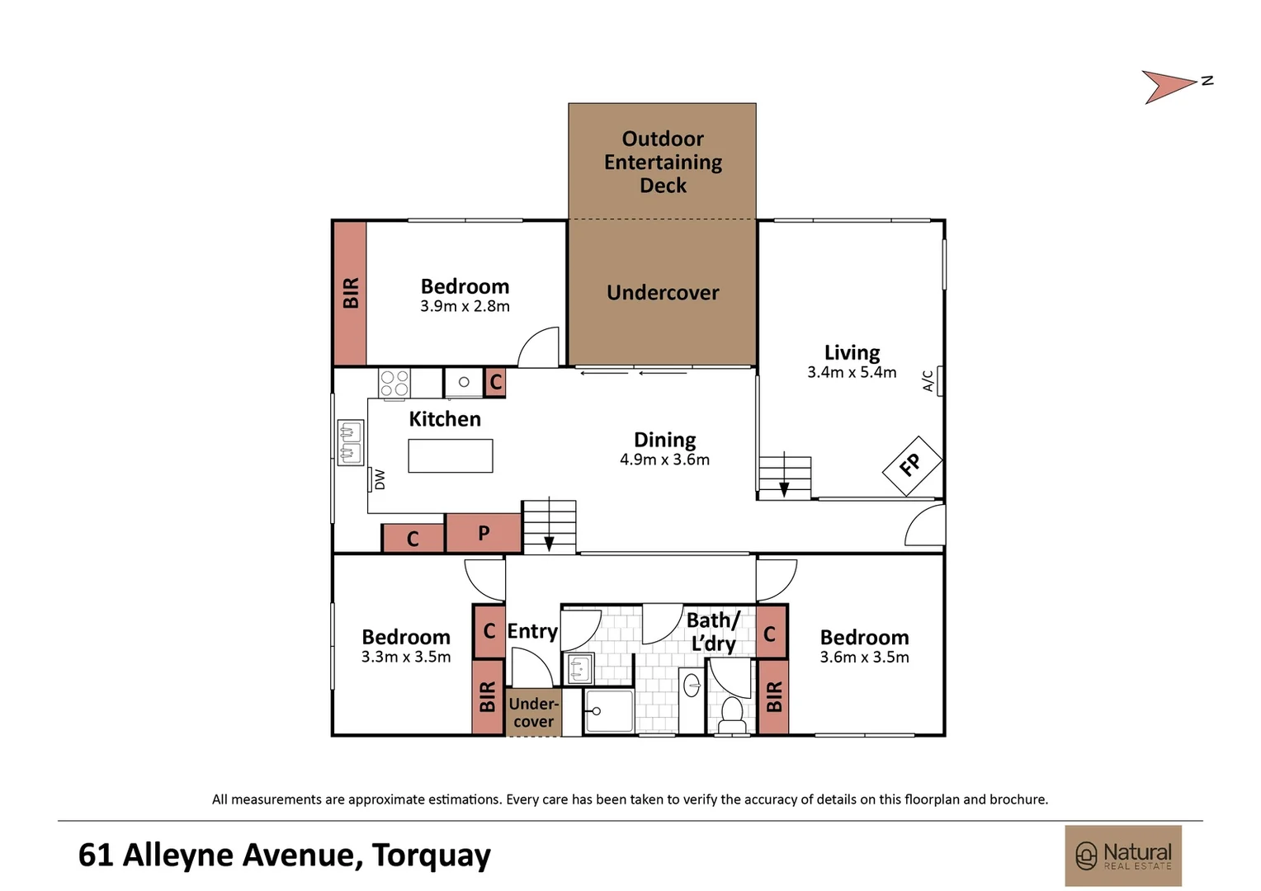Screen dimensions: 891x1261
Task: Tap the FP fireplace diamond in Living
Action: click(912, 466)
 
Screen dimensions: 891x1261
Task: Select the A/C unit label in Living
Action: click(928, 380)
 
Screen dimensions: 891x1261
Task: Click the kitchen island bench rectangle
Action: click(451, 455)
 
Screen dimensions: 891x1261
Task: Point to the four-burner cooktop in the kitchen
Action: click(394, 383)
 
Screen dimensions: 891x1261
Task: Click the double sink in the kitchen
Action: click(351, 442)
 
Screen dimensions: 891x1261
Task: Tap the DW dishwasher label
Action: click(380, 479)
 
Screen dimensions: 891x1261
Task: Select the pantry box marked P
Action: click(484, 534)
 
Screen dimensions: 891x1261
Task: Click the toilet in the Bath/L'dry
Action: click(731, 714)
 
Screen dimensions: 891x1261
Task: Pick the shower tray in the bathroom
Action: click(609, 712)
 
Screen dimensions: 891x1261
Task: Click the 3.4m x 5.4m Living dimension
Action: click(852, 373)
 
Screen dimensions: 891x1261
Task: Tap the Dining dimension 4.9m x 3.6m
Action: click(664, 460)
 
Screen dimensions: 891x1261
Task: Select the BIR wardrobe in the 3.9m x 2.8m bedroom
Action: click(350, 293)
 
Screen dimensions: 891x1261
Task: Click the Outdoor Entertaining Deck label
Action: click(663, 162)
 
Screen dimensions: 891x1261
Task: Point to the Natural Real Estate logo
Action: click(1123, 856)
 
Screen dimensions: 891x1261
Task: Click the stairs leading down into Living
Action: click(784, 477)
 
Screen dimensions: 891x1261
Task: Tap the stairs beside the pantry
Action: click(549, 526)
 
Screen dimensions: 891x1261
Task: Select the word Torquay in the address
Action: click(431, 856)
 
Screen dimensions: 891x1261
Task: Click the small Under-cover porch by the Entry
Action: click(533, 713)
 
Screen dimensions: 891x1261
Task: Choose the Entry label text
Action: click(532, 631)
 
